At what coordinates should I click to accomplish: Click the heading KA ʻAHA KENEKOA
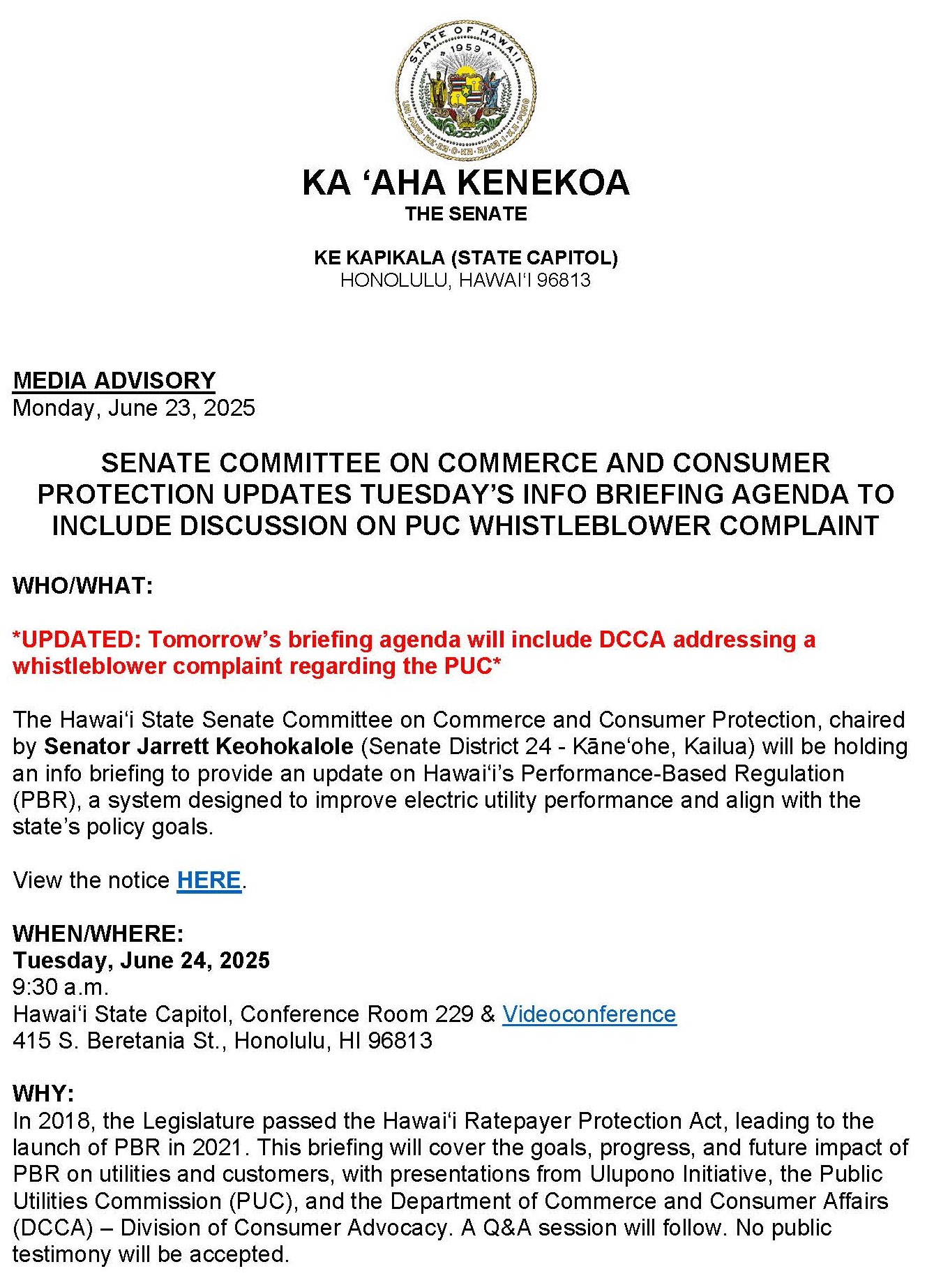coord(466,183)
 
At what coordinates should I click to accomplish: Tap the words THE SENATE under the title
coord(466,214)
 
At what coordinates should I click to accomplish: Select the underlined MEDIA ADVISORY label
coord(114,380)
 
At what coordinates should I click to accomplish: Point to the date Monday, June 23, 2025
coord(134,407)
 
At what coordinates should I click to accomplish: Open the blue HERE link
coord(209,880)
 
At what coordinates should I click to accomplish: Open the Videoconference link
coord(589,1014)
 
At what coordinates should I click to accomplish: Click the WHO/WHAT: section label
coord(83,585)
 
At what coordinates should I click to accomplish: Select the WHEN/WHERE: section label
coord(98,933)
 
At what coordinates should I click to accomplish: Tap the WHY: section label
coord(43,1093)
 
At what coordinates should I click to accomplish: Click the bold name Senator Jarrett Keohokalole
coord(199,746)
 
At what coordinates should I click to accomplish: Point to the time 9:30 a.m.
coord(61,987)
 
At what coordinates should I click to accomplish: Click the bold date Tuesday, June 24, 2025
coord(141,961)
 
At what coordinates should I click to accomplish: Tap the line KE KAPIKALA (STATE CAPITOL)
coord(466,257)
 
